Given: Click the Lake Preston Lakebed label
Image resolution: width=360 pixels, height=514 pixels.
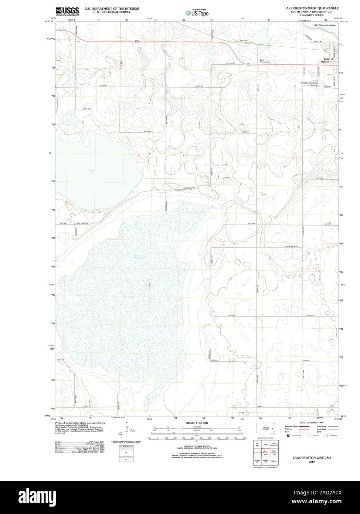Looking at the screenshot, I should click(324, 25).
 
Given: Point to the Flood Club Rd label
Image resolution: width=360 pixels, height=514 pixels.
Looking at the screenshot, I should click(188, 188).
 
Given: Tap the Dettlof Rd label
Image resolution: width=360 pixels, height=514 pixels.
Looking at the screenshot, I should click(230, 64).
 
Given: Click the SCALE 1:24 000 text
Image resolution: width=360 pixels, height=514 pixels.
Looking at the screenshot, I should click(197, 423).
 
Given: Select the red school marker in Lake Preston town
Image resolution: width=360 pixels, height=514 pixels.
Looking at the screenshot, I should click(332, 59).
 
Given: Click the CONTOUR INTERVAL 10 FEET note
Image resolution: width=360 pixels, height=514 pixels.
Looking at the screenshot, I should click(197, 446).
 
